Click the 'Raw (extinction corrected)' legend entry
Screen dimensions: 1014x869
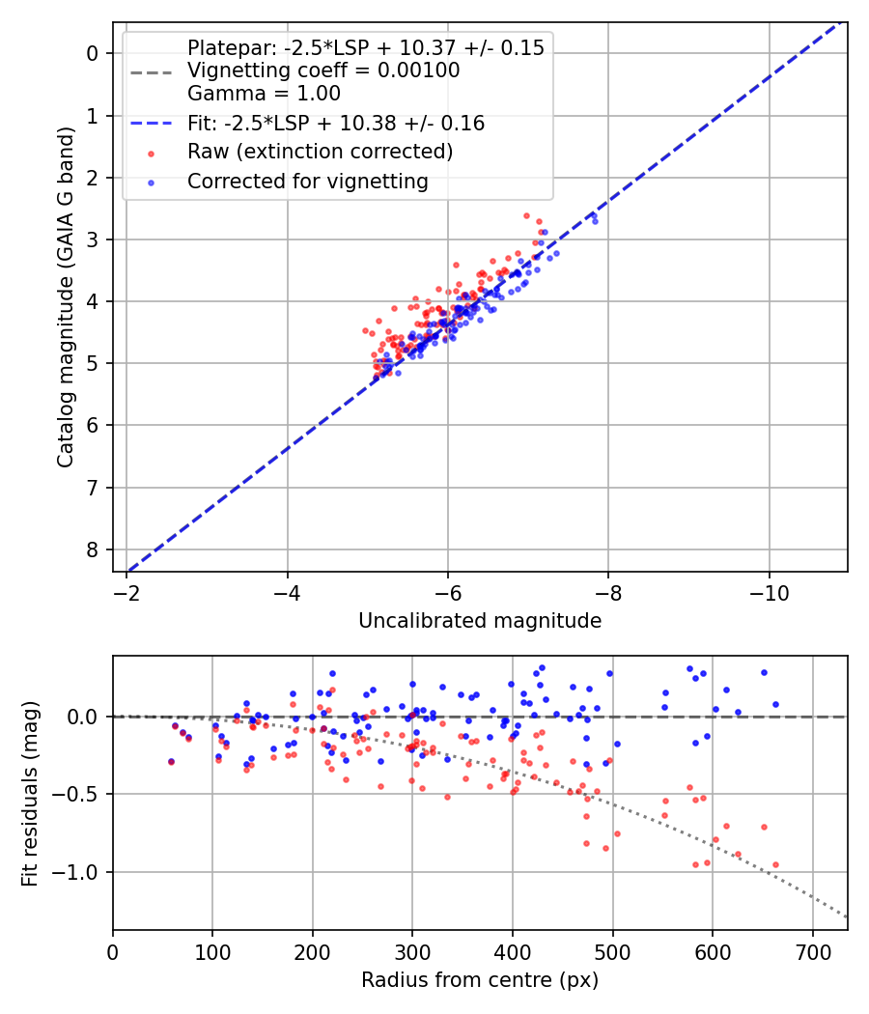[320, 152]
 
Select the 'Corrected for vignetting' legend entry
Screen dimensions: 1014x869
[307, 181]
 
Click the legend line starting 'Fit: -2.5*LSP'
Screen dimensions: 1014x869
[335, 124]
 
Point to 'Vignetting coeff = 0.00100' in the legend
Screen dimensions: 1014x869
[322, 70]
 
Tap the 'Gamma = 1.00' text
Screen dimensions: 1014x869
[264, 94]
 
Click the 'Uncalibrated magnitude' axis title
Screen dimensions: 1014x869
[480, 621]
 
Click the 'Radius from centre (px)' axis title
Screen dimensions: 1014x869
[480, 980]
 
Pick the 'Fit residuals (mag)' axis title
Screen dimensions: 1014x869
[31, 794]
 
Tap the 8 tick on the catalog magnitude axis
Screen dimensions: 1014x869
[94, 549]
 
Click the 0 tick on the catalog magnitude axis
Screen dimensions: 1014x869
[94, 53]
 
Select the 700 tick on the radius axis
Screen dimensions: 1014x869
[812, 948]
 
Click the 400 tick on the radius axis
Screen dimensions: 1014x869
[513, 948]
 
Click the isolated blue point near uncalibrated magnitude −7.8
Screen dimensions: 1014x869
[595, 221]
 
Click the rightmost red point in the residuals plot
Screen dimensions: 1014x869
[775, 864]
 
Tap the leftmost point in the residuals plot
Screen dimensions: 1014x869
[171, 761]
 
